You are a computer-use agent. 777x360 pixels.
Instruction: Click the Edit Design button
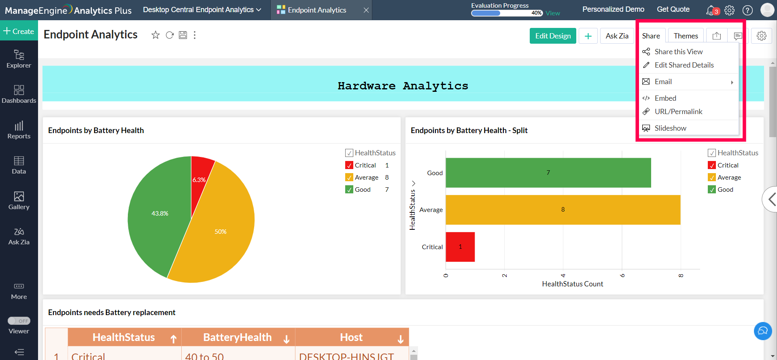pos(552,36)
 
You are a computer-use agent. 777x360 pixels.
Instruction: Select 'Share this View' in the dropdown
pos(678,52)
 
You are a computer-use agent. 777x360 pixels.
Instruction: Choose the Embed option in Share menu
pos(665,98)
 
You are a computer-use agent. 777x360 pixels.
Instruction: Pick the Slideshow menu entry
pos(670,128)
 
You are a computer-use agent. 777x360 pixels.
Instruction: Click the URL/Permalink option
pos(678,112)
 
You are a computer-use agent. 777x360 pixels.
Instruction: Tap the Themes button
pos(686,36)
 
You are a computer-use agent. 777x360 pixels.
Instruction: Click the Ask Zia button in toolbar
pos(617,36)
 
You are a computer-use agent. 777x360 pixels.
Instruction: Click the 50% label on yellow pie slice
pos(221,232)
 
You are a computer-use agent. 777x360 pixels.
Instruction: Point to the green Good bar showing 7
pos(548,173)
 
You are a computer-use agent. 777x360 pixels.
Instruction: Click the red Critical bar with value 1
pos(460,247)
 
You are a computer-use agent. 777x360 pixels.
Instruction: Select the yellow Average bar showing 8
pos(563,210)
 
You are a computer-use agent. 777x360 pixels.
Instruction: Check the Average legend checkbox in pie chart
pos(349,178)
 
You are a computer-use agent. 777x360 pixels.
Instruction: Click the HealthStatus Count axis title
pos(572,284)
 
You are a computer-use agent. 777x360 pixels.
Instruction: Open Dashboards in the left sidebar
pos(19,94)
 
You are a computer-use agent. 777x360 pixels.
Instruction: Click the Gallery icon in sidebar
pos(19,201)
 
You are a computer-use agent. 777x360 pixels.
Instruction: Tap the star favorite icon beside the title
pos(155,35)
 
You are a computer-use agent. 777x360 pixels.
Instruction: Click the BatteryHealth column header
pos(238,337)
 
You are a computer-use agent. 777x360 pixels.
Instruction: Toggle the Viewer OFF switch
pos(19,321)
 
